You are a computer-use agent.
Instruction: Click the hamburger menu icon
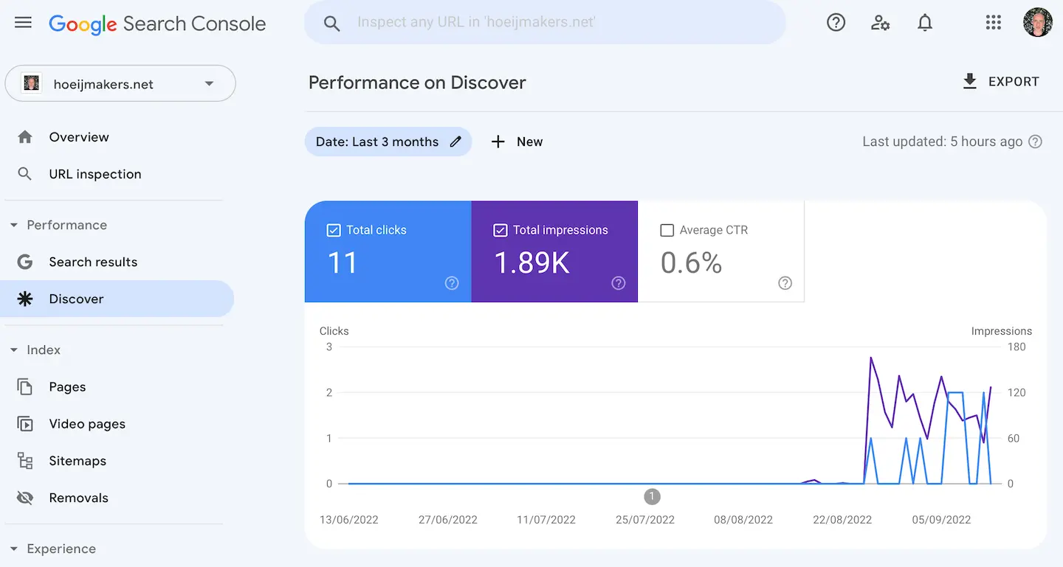24,23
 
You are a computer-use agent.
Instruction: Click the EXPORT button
1001,82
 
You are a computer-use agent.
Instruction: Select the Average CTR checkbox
667,230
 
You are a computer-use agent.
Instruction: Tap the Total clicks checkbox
334,230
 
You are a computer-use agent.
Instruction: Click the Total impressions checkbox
500,230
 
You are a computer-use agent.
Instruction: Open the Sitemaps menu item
78,461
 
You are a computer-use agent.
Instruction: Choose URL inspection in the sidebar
94,174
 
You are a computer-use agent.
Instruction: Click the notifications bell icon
925,23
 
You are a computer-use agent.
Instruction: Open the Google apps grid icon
994,23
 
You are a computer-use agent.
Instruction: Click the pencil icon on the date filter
456,142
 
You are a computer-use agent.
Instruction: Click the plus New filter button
517,142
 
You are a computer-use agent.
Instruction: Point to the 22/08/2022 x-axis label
842,520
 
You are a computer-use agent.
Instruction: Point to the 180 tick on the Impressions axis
1016,347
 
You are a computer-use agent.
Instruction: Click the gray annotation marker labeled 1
652,497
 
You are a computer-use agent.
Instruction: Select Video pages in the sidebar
87,424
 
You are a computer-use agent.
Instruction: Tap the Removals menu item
78,498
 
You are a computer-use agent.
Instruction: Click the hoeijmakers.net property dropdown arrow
210,83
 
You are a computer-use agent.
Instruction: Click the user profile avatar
1038,23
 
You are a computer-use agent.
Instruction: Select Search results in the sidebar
93,262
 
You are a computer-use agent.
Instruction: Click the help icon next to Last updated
1036,142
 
